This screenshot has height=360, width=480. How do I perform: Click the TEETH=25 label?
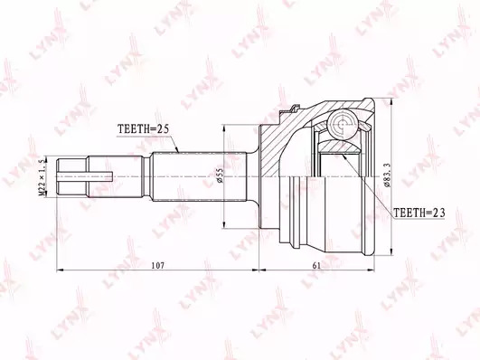(x=143, y=129)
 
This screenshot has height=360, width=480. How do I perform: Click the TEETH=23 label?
(x=419, y=213)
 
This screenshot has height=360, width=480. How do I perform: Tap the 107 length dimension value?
(x=158, y=265)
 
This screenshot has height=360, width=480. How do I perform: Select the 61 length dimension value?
(x=316, y=265)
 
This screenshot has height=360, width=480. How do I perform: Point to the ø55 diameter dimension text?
(x=220, y=175)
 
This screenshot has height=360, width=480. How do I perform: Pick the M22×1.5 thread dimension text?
(x=42, y=177)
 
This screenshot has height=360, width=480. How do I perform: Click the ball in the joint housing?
(x=343, y=124)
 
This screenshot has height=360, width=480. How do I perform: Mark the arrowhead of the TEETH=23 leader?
(x=343, y=156)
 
